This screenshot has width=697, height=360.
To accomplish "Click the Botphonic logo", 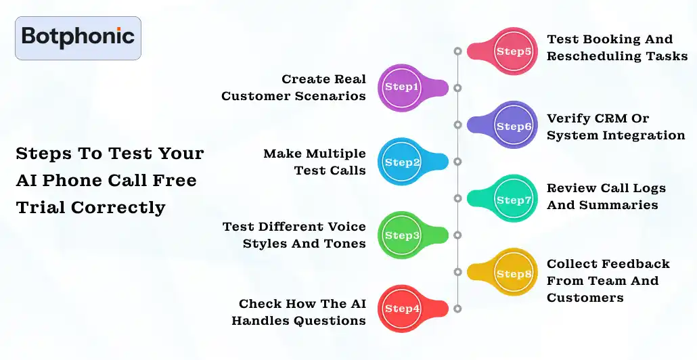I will coord(78,38).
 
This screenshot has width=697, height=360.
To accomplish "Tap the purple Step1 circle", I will coord(402,87).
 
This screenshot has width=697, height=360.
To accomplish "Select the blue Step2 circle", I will coord(402,162).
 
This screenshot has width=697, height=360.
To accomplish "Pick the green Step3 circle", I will coord(402,235).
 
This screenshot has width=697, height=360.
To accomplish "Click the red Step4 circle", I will coord(402,309).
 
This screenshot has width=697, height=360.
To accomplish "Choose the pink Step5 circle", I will coord(514,51).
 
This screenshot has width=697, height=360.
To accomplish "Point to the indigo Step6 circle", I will coord(514,126).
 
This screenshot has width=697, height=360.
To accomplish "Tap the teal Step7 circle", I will coord(514,200).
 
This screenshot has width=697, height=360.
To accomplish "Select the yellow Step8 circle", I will coord(514,273).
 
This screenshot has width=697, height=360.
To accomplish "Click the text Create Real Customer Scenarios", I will coord(294,87).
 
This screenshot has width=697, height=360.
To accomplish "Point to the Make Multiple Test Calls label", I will coord(315,162).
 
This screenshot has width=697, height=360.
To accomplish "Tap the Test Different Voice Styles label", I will coord(294,235).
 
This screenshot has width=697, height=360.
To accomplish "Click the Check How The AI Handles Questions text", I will coord(298,312).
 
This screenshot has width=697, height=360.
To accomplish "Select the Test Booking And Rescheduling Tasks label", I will coord(616,47).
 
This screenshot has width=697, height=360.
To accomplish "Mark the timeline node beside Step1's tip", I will coord(457,88).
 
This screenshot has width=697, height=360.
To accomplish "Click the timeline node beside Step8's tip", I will coord(457,272).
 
